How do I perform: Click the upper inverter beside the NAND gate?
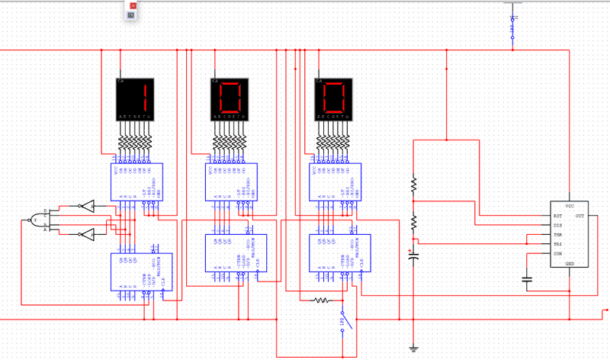pos(88,206)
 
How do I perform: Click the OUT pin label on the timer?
pos(579,216)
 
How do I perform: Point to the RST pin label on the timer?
pos(558,216)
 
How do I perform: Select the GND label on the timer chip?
pos(569,263)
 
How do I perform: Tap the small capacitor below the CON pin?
pos(527,279)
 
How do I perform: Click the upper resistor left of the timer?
pos(414,184)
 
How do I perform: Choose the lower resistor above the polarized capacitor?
pos(414,223)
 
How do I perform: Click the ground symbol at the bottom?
pos(414,349)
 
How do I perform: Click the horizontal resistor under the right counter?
pos(322,301)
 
